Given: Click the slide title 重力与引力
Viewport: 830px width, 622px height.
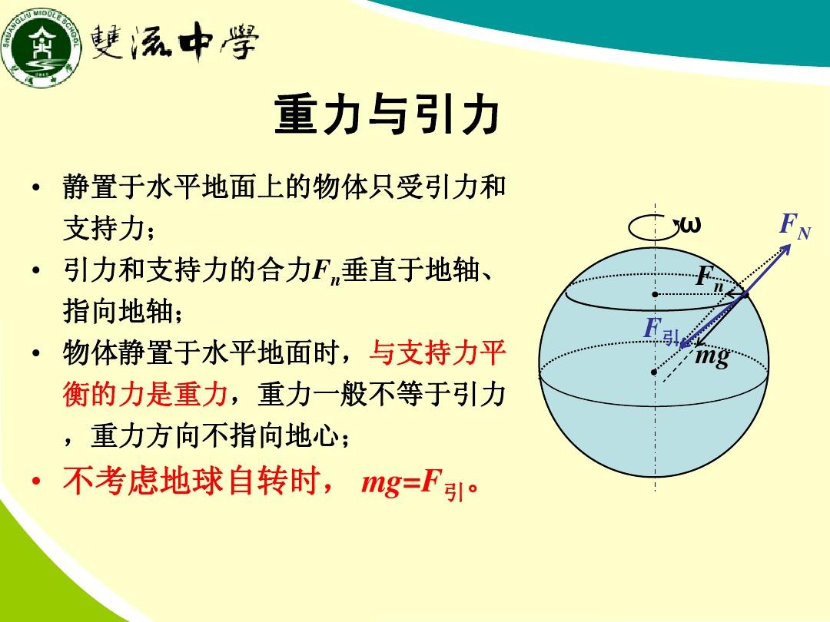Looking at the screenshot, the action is (x=387, y=114).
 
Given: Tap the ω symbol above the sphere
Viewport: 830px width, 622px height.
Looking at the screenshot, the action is (x=689, y=225).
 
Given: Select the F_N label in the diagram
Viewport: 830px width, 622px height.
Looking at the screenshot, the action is (x=795, y=227).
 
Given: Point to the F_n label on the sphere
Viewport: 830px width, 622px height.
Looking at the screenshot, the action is (x=710, y=278).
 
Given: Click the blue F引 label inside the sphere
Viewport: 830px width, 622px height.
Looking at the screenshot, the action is (x=662, y=331).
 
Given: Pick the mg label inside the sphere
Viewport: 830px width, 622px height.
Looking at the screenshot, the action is (x=712, y=356).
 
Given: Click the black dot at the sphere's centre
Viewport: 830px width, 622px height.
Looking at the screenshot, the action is (x=654, y=372).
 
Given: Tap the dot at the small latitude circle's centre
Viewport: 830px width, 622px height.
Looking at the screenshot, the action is (x=655, y=294).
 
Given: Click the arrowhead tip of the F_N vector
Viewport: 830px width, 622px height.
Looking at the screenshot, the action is (x=791, y=244).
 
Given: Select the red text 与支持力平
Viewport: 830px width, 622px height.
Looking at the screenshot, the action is (x=437, y=352).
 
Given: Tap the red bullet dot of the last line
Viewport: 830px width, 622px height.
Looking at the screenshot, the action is (x=36, y=481).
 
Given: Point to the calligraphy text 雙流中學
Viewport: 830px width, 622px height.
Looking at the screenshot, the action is (x=174, y=42).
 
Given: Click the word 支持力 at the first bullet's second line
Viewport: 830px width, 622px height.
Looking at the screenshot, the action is (x=105, y=228).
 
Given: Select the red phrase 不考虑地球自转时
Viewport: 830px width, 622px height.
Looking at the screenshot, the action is (x=191, y=481).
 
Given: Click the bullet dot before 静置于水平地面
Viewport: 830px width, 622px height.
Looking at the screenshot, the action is (x=36, y=188).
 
